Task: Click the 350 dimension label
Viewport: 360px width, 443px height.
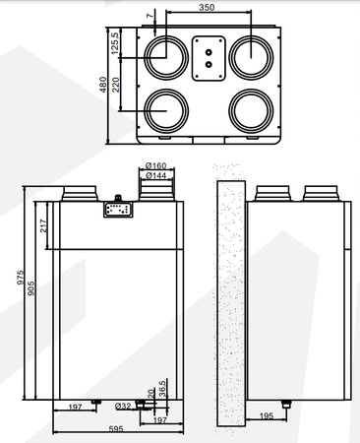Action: [x=204, y=8]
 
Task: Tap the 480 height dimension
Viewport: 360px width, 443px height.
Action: [x=102, y=85]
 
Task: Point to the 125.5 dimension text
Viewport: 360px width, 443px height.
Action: [x=115, y=43]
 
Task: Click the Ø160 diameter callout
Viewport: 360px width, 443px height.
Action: [x=154, y=164]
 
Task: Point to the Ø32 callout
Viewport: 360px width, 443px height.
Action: [x=124, y=406]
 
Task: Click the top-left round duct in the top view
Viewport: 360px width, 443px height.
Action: [x=165, y=55]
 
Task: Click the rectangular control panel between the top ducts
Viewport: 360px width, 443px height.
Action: [x=207, y=57]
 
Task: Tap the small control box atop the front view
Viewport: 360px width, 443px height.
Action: [x=118, y=208]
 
